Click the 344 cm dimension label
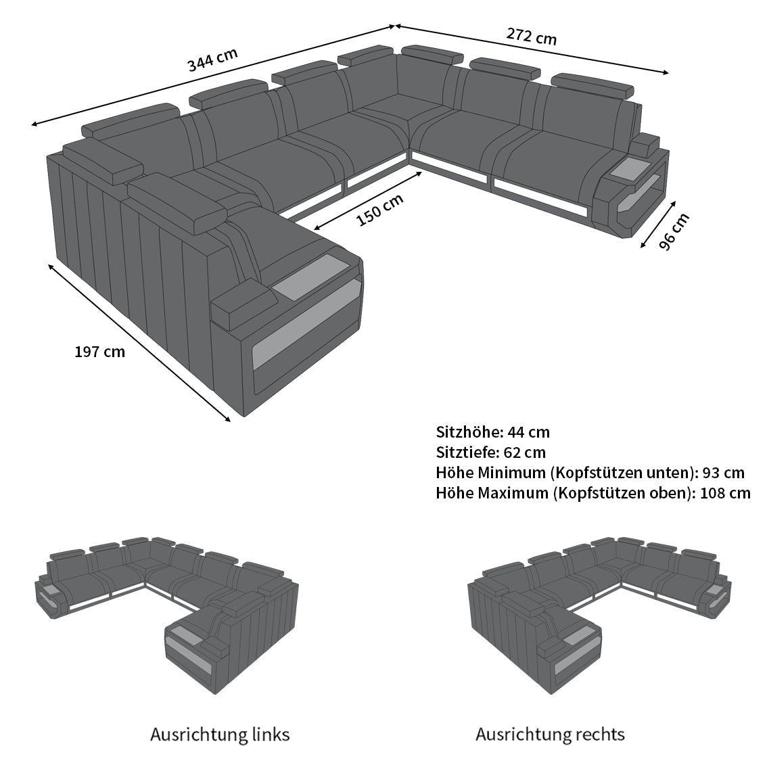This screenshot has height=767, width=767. coord(213,60)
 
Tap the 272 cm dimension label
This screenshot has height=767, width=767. coord(531,36)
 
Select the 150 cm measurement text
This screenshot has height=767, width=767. coord(380,210)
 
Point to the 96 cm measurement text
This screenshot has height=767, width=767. coord(674,231)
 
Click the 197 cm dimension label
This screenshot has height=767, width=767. coord(100,352)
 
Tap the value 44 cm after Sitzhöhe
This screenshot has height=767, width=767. coord(528,432)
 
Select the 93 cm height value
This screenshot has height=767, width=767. coord(724,473)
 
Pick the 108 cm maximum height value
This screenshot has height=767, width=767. coord(725,492)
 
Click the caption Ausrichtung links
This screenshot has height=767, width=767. coord(220,735)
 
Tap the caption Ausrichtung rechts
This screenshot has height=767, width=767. coord(551,735)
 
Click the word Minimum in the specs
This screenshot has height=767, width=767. coord(511,473)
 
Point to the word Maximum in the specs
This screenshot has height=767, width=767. coord(513,492)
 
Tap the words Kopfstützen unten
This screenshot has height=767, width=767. coord(623,473)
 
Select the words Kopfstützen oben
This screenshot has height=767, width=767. coord(623,493)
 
